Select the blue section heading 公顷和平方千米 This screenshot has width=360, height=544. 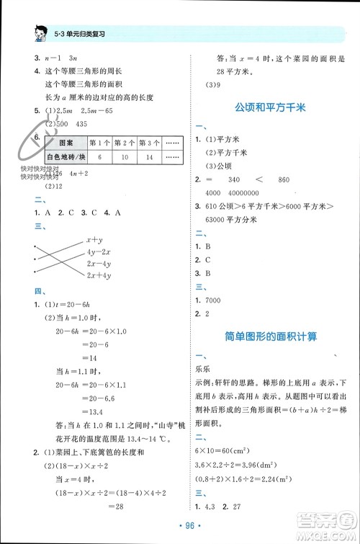(269, 107)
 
